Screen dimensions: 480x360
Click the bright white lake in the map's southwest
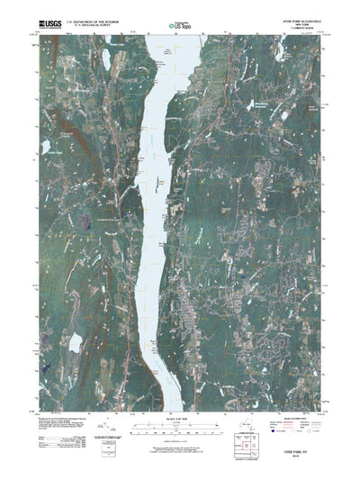point(76,342)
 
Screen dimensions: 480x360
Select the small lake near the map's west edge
point(45,145)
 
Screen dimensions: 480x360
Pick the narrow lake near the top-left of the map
point(105,60)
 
